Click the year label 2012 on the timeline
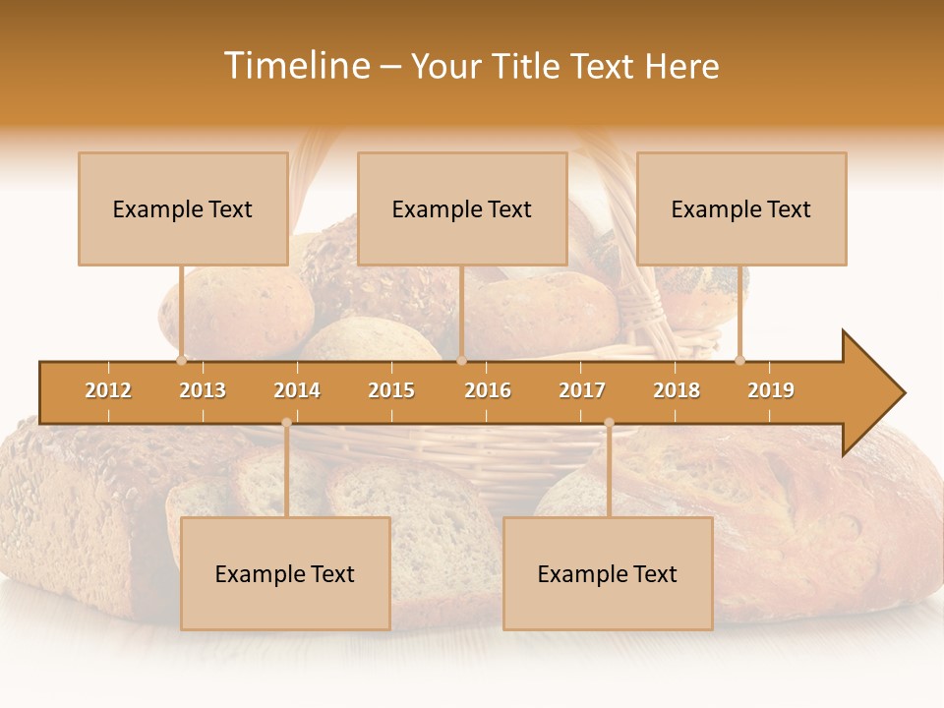108,390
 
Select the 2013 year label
203,390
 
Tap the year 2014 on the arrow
297,390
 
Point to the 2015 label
391,390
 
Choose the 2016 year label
488,390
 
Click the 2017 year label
582,390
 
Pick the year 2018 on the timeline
677,390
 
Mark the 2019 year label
771,390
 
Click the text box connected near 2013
183,208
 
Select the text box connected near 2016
462,208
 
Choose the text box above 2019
741,208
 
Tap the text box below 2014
285,573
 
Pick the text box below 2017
608,573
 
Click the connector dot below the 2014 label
286,423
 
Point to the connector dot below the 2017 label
609,423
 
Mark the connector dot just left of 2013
182,360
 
